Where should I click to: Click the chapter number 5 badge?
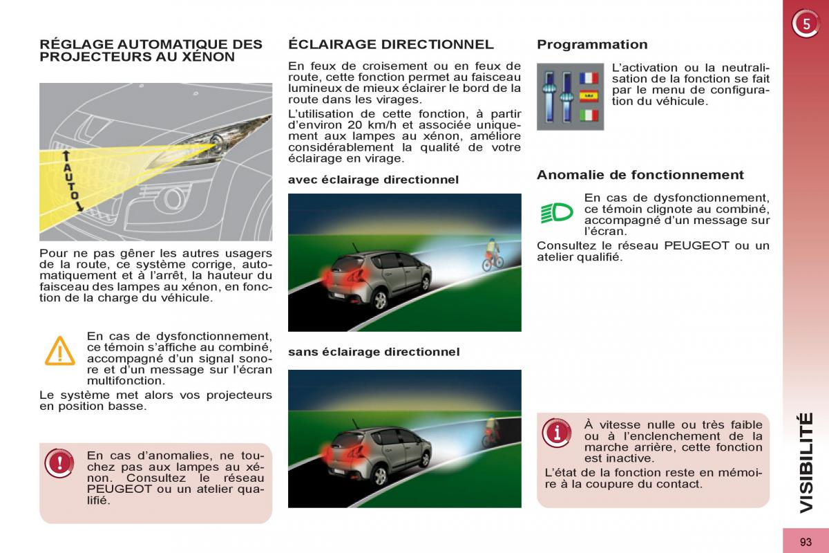tap(805, 25)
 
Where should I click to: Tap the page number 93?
tap(806, 542)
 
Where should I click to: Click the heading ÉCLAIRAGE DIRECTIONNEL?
tap(390, 45)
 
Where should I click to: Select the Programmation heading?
tap(592, 45)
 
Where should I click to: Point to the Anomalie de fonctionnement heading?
tap(640, 175)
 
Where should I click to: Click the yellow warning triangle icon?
tap(60, 351)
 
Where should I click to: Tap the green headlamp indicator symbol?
tap(557, 212)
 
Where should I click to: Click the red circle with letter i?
tap(557, 433)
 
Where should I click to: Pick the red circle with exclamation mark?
tap(60, 462)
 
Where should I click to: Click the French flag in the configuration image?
tap(589, 78)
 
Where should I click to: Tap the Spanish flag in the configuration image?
tap(589, 95)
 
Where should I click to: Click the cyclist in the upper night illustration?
tap(491, 254)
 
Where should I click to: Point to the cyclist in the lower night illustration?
tap(491, 430)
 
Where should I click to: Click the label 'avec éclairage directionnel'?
tap(373, 180)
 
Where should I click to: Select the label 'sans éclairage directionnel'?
tap(373, 352)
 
